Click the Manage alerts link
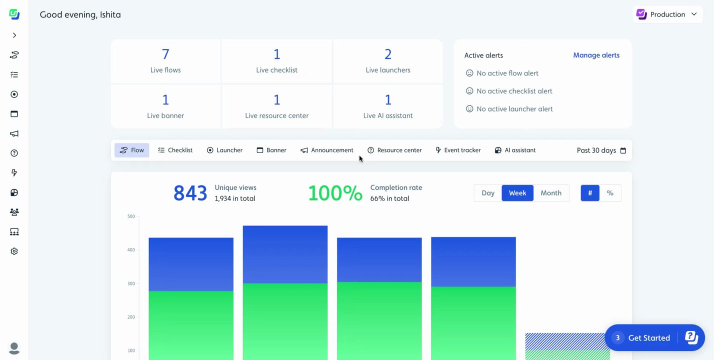point(596,55)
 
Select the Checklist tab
point(175,150)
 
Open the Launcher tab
point(224,150)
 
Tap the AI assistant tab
point(515,150)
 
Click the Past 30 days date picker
point(601,150)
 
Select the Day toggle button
point(488,193)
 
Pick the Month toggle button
point(551,193)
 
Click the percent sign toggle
point(610,193)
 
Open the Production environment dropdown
point(666,14)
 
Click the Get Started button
point(649,338)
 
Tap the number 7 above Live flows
point(165,54)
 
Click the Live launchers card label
point(388,70)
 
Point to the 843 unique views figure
point(190,193)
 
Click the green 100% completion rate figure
point(335,193)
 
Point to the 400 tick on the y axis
point(131,250)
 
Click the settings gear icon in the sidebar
point(14,251)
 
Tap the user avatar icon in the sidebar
point(14,348)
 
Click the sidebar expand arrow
point(14,35)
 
